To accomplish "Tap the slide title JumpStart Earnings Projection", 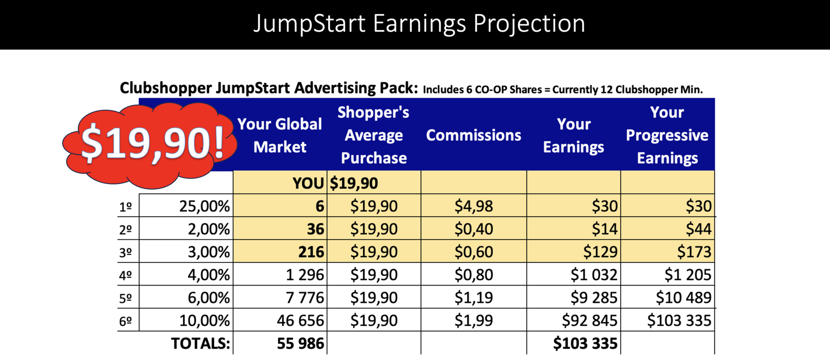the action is [419, 23].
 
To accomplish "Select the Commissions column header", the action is [473, 135].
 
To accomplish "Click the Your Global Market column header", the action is [280, 135].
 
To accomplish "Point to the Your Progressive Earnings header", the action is [667, 135].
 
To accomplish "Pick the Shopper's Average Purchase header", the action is [373, 135].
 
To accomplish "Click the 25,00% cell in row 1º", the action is [204, 206].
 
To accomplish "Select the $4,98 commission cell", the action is [473, 206].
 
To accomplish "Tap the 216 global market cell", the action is [311, 252].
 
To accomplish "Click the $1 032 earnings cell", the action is [594, 275].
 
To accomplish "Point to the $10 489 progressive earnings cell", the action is [683, 298].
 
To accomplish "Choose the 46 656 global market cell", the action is [300, 321].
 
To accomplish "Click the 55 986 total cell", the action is [300, 344].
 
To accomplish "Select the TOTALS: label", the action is [201, 344].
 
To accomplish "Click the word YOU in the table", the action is [308, 183].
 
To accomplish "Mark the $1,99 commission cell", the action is [473, 321].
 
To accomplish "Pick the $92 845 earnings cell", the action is [590, 321].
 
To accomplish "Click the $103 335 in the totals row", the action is [585, 344].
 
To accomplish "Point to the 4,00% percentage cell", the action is [209, 275].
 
